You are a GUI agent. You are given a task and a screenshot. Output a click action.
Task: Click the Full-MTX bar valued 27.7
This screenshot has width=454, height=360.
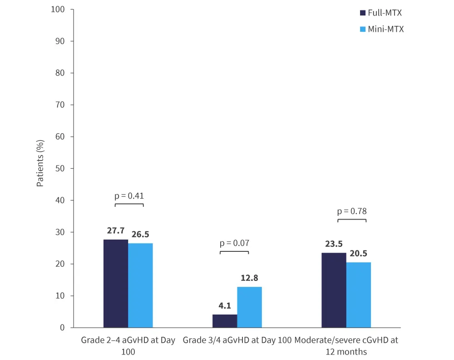click(116, 283)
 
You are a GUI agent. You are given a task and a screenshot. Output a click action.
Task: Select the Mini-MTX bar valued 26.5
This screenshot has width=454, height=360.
click(140, 285)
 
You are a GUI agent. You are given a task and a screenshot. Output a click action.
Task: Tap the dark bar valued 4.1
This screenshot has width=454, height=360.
click(225, 321)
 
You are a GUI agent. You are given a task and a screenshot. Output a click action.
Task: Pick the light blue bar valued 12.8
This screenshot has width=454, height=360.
click(249, 307)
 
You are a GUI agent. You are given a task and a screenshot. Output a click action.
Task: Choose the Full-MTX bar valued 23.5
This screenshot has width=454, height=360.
click(334, 290)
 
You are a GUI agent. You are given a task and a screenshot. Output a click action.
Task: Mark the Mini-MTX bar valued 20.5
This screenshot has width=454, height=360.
click(358, 295)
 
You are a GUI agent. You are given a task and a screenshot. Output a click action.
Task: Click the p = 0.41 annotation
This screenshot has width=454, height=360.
click(129, 196)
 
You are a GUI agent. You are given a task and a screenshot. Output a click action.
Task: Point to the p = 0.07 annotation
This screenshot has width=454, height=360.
click(234, 243)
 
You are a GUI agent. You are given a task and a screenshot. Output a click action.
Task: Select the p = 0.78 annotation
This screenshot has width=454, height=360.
click(352, 211)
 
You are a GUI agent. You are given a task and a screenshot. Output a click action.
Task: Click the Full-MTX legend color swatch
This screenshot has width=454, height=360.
click(362, 13)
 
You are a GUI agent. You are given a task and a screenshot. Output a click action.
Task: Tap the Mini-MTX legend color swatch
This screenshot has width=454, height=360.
click(362, 29)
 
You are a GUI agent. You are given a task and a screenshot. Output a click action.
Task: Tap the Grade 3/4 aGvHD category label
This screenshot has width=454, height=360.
click(237, 340)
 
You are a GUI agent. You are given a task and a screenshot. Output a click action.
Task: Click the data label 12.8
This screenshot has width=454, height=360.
click(249, 278)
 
